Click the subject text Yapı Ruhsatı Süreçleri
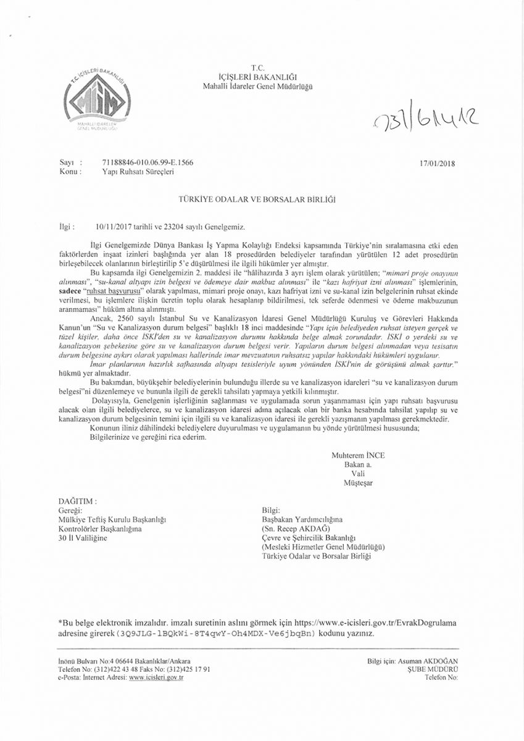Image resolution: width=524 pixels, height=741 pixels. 138,172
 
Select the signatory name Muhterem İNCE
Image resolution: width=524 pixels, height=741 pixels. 358,455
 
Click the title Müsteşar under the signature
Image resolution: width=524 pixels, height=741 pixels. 358,482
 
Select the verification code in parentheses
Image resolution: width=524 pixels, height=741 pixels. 215,634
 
